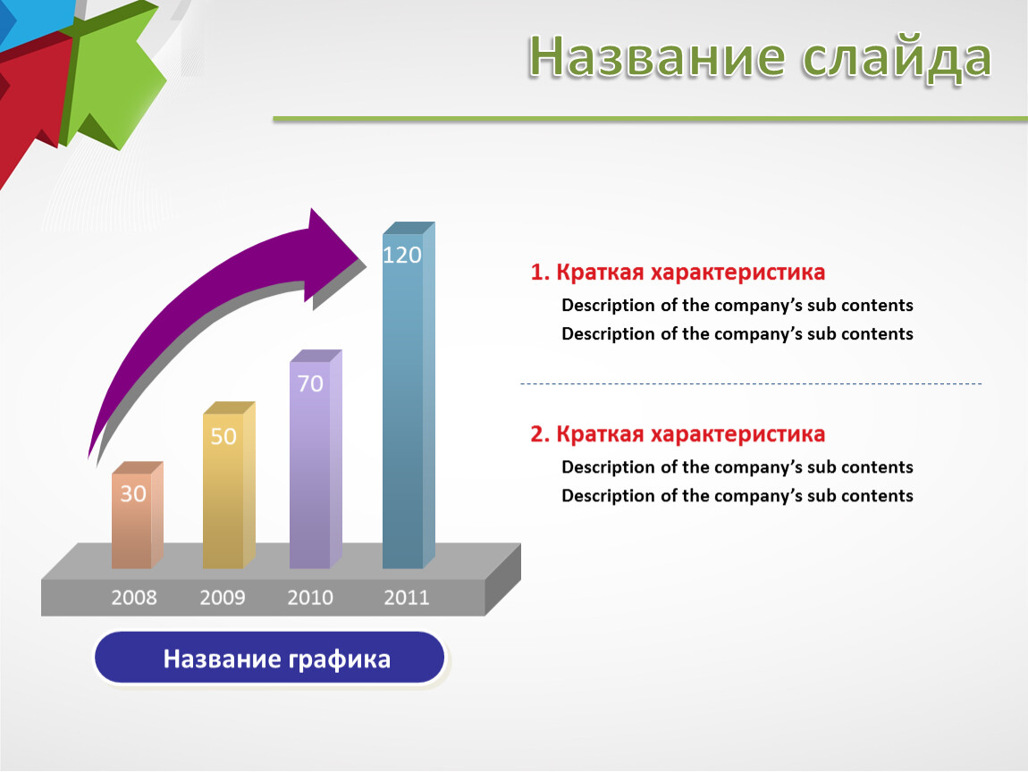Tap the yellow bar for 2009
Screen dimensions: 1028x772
(x=229, y=485)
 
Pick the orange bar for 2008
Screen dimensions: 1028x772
(x=137, y=515)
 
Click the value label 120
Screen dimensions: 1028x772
(x=402, y=255)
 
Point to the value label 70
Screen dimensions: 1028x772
(x=310, y=383)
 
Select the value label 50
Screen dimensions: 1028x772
(x=223, y=436)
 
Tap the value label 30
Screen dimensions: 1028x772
(x=133, y=493)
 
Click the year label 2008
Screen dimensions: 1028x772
(x=134, y=597)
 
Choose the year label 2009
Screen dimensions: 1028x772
(x=223, y=597)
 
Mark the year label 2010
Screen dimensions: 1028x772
(x=310, y=597)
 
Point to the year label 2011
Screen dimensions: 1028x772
(x=407, y=597)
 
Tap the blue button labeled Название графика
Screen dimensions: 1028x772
(x=269, y=658)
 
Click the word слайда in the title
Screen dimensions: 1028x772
(x=897, y=58)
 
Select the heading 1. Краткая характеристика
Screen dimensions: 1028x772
(x=678, y=272)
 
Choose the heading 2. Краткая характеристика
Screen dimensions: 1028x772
(x=678, y=434)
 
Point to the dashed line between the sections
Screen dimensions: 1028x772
(x=751, y=383)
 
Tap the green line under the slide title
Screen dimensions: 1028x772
(x=651, y=119)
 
